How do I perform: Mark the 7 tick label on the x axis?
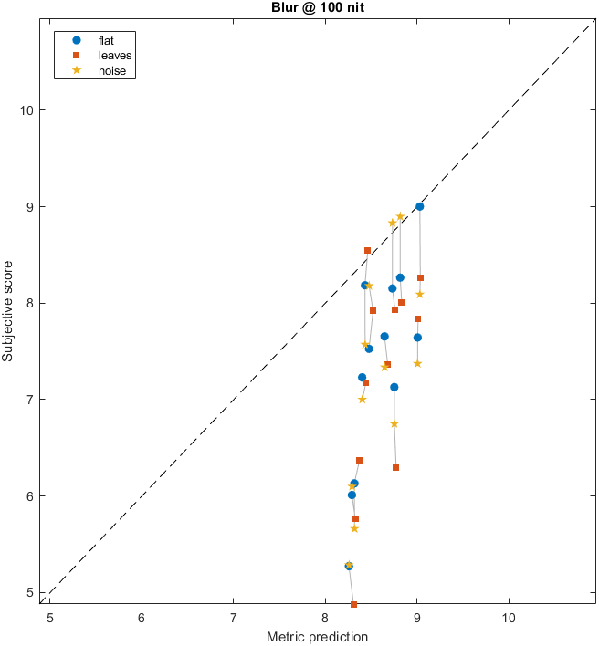tap(233, 618)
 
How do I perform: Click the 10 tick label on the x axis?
tap(509, 618)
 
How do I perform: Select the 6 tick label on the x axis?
tap(142, 618)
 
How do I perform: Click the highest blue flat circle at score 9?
tap(419, 206)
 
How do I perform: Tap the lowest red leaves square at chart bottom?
tap(353, 604)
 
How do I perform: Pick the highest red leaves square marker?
tap(367, 250)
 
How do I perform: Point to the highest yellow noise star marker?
tap(400, 216)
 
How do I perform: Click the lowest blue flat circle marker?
tap(349, 566)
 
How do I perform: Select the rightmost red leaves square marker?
tap(420, 277)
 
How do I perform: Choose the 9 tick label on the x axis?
tap(416, 618)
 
